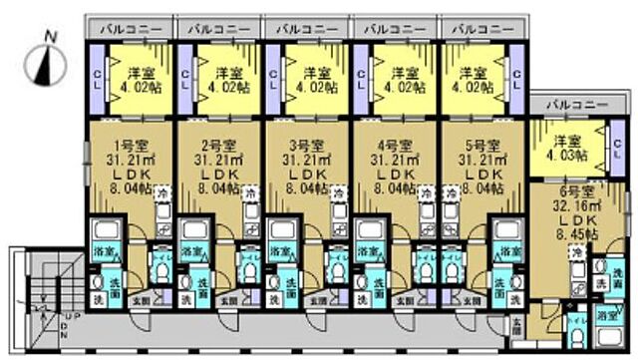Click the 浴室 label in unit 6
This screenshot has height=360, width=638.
coord(606,314)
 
